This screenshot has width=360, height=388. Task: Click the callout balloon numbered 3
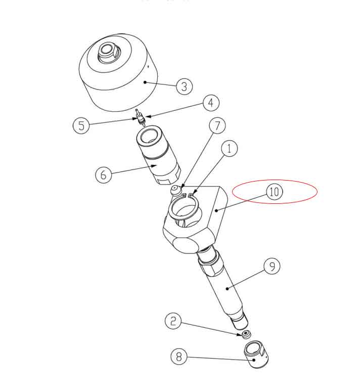click(184, 87)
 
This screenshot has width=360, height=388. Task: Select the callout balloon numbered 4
click(211, 103)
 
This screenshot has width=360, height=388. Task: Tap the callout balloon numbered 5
click(81, 125)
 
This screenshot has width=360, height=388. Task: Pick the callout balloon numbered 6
click(104, 175)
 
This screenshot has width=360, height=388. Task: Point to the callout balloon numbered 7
click(217, 125)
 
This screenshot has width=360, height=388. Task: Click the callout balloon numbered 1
click(229, 149)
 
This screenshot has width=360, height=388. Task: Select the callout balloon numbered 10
click(274, 192)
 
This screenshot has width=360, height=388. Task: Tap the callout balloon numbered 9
click(272, 267)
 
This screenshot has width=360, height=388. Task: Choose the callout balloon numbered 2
click(173, 320)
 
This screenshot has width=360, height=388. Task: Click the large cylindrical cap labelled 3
click(116, 81)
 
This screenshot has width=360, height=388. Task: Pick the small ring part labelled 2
click(246, 334)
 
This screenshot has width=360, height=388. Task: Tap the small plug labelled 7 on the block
click(175, 190)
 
